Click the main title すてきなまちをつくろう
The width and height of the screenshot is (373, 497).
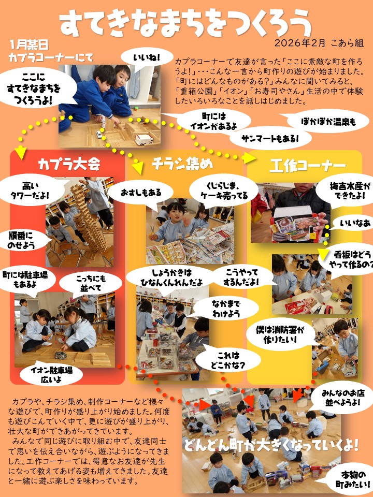[x=186, y=23]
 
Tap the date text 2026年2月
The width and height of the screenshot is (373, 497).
[x=300, y=43]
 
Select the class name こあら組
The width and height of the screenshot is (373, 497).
[x=348, y=43]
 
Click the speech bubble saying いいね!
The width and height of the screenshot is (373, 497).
[x=147, y=58]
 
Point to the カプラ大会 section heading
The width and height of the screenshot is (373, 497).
[x=69, y=164]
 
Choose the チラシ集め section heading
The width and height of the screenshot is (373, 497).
[x=182, y=164]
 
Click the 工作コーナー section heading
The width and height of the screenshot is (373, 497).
[x=307, y=166]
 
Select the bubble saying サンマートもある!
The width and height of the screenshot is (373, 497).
[x=270, y=139]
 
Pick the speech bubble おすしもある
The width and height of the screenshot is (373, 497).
[x=141, y=193]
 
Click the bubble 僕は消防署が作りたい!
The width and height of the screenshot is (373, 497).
[x=280, y=335]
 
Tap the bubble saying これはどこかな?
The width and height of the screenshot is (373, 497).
[x=228, y=360]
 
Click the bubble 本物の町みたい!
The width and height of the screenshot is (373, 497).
[x=353, y=479]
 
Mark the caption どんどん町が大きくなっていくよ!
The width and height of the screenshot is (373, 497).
[x=271, y=445]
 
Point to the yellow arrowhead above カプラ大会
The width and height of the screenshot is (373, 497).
[x=21, y=153]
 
